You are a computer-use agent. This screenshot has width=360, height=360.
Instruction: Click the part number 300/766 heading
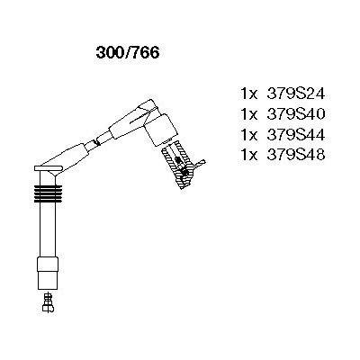tap(128, 53)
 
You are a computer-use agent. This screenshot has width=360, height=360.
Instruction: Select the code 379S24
tap(296, 94)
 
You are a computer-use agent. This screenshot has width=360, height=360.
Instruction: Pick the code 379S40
tap(296, 114)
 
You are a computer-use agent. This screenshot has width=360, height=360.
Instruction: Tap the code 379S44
tap(296, 135)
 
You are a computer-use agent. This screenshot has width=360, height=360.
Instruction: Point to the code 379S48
tap(296, 155)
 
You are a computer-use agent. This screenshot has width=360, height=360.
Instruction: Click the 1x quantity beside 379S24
tap(249, 94)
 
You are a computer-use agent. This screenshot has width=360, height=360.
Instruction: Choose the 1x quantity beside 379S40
tap(249, 114)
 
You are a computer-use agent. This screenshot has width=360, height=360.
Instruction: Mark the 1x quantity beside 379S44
tap(249, 135)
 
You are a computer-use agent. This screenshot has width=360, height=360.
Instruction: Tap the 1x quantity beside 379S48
tap(249, 155)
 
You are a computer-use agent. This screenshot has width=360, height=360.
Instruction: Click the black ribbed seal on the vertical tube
tap(48, 193)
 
